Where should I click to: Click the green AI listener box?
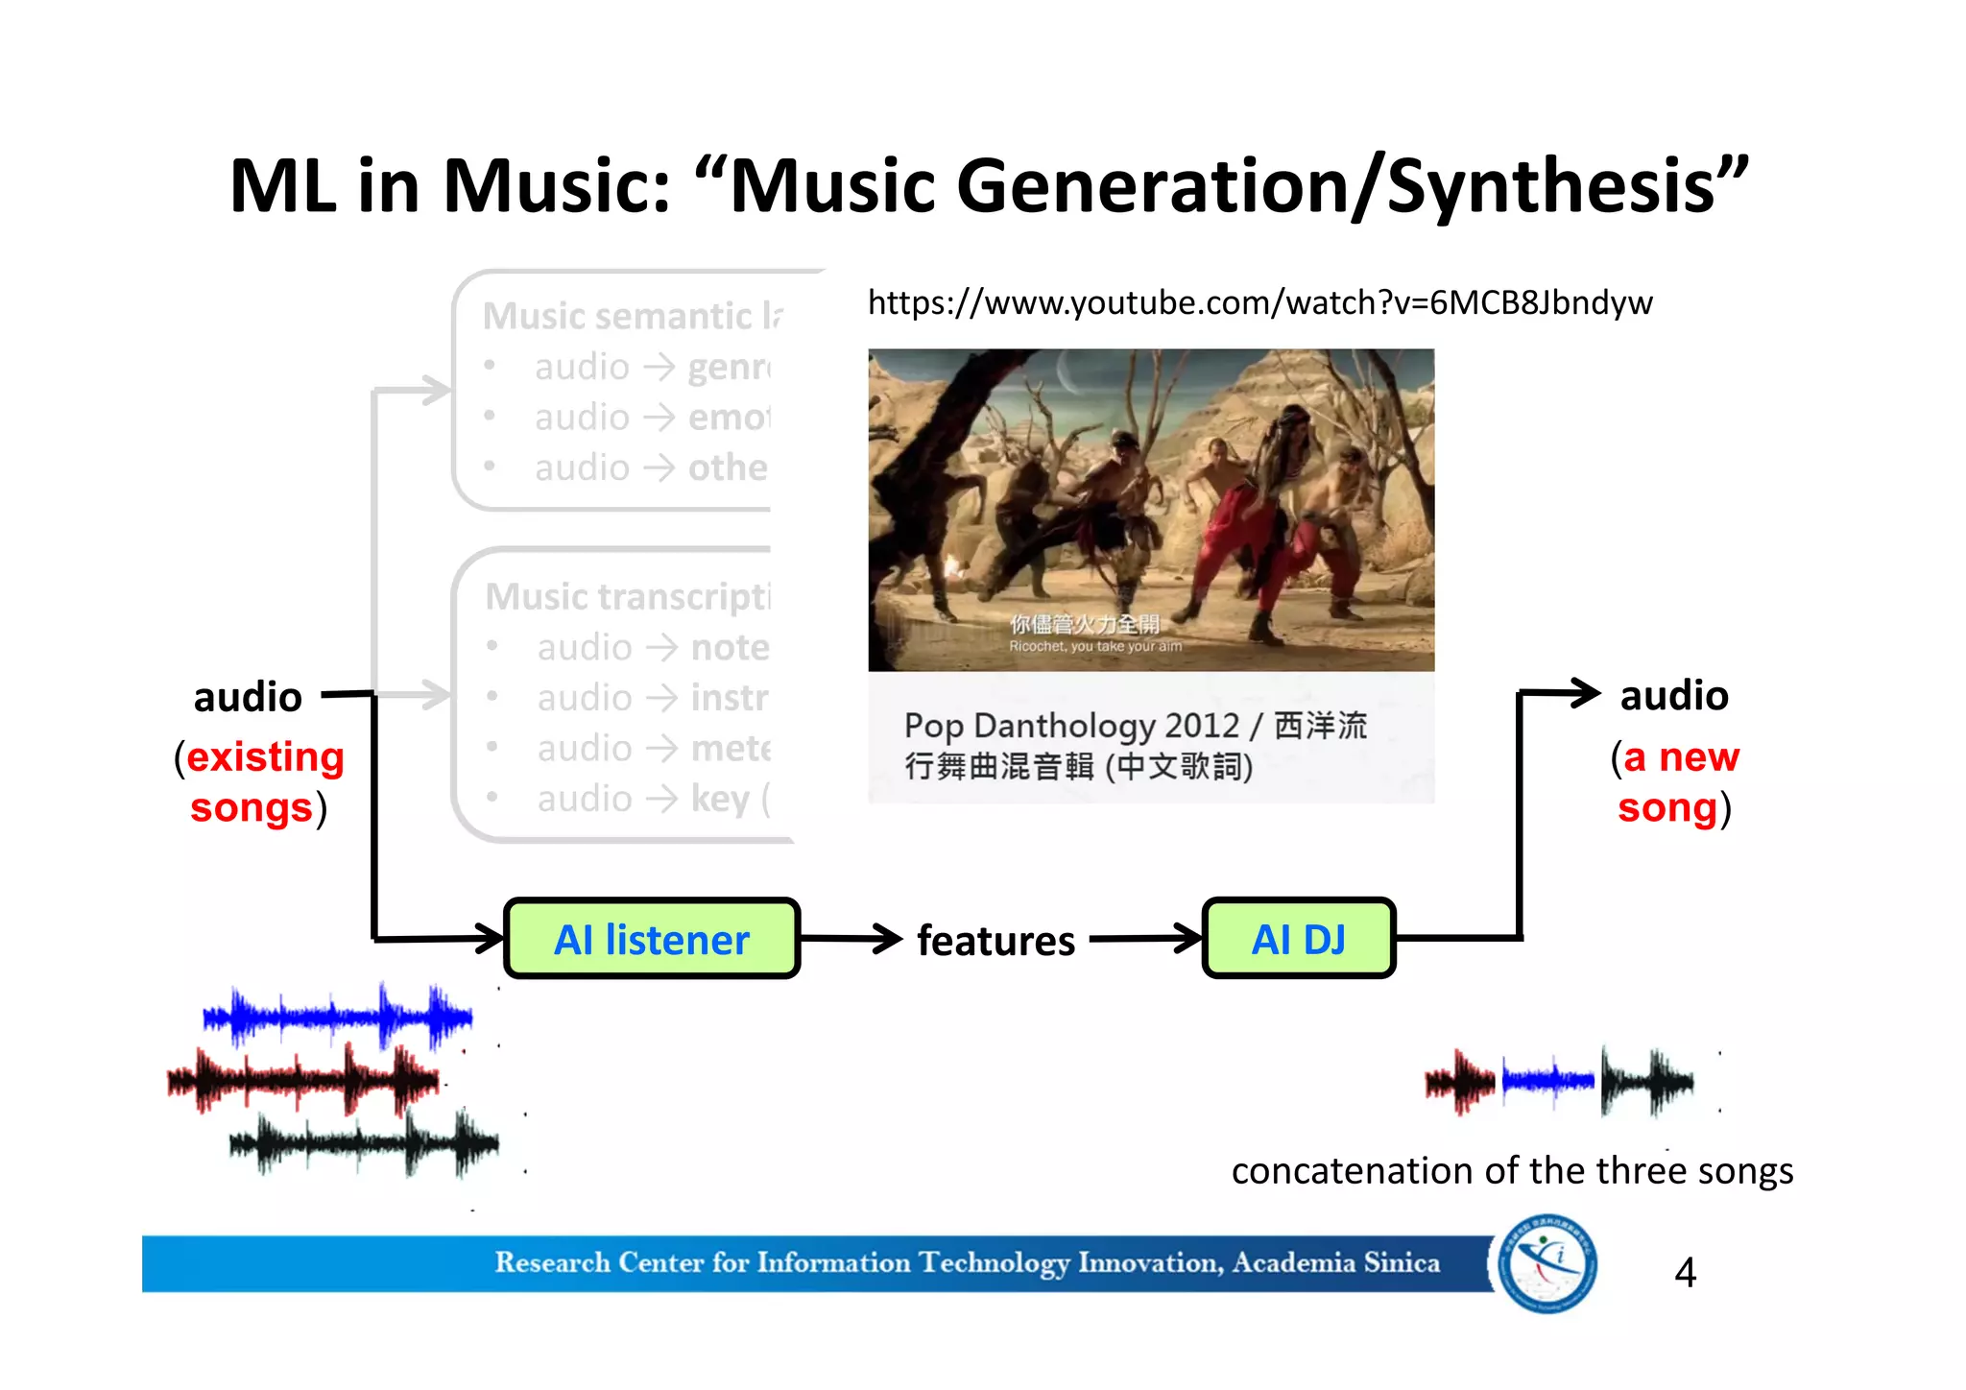(652, 939)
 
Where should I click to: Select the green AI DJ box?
(1298, 939)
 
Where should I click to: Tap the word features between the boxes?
(995, 941)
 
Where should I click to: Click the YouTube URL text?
(1259, 302)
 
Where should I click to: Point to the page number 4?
(1685, 1273)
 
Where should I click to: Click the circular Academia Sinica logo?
(1546, 1263)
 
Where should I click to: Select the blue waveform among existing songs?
(336, 1016)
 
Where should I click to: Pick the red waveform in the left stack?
(302, 1081)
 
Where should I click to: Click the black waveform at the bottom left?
(365, 1142)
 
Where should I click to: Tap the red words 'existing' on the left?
(265, 757)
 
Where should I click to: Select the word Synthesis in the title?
(1550, 185)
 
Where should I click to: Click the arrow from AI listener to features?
(851, 939)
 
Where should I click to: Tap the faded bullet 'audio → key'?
(653, 799)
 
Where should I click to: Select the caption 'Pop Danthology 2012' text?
(1071, 726)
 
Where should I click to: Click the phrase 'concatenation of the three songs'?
(1512, 1171)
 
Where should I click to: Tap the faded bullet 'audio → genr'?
(653, 368)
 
